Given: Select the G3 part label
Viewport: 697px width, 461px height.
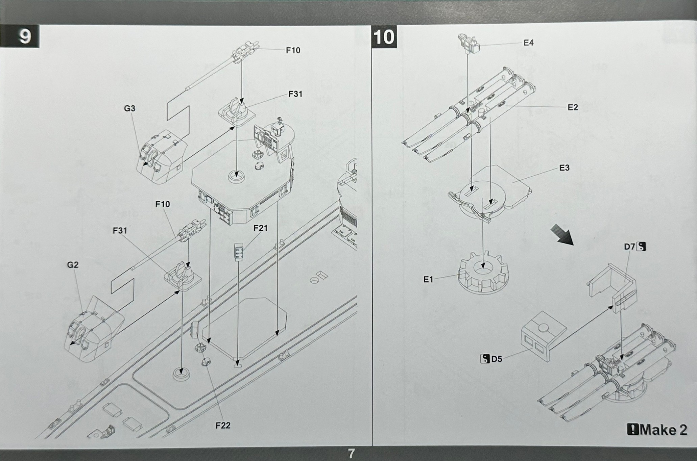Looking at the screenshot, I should click(129, 108).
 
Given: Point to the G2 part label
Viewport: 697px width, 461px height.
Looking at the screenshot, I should click(73, 264).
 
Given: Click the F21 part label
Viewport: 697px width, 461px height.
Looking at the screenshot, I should click(260, 228).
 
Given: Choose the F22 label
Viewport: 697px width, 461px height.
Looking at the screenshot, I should click(223, 426).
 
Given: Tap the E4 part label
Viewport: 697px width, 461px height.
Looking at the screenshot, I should click(528, 43).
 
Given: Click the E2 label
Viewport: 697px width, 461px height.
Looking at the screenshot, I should click(573, 107).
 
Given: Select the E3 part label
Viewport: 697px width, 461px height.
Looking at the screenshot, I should click(564, 168).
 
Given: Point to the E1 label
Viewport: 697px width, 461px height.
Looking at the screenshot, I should click(428, 280).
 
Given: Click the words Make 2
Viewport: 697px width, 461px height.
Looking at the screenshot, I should click(663, 430).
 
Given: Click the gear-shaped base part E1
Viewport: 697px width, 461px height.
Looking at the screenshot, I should click(483, 272).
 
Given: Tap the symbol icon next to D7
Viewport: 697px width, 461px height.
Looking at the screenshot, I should click(641, 247).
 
